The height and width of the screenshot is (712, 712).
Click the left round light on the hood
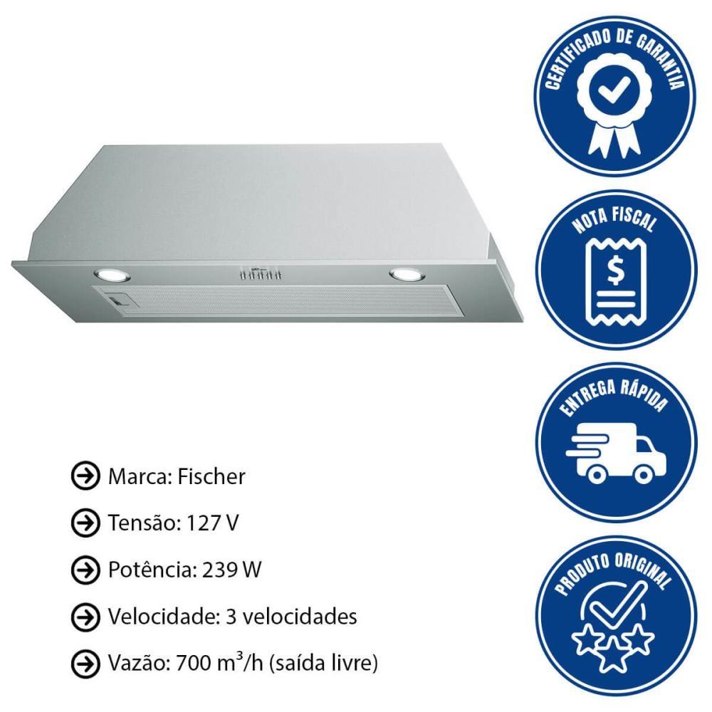click(112, 275)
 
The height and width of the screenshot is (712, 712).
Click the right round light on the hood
click(407, 274)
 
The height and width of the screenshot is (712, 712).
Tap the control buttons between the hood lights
click(260, 275)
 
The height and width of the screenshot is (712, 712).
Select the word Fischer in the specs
click(211, 477)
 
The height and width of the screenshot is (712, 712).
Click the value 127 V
click(213, 523)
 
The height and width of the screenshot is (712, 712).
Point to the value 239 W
click(231, 570)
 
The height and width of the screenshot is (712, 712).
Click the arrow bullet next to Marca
click(85, 476)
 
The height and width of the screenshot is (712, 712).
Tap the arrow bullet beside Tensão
click(85, 523)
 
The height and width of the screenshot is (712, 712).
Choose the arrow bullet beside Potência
click(85, 570)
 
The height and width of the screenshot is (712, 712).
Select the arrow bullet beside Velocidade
click(85, 616)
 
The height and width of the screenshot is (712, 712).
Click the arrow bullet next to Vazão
click(85, 664)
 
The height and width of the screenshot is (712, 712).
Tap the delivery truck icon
click(616, 453)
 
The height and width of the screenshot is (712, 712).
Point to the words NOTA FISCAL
click(615, 221)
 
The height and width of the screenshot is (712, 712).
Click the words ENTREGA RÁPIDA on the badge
click(614, 396)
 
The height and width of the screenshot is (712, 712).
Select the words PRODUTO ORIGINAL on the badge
click(614, 570)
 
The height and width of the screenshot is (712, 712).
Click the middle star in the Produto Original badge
click(612, 654)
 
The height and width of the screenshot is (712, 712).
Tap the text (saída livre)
click(323, 664)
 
